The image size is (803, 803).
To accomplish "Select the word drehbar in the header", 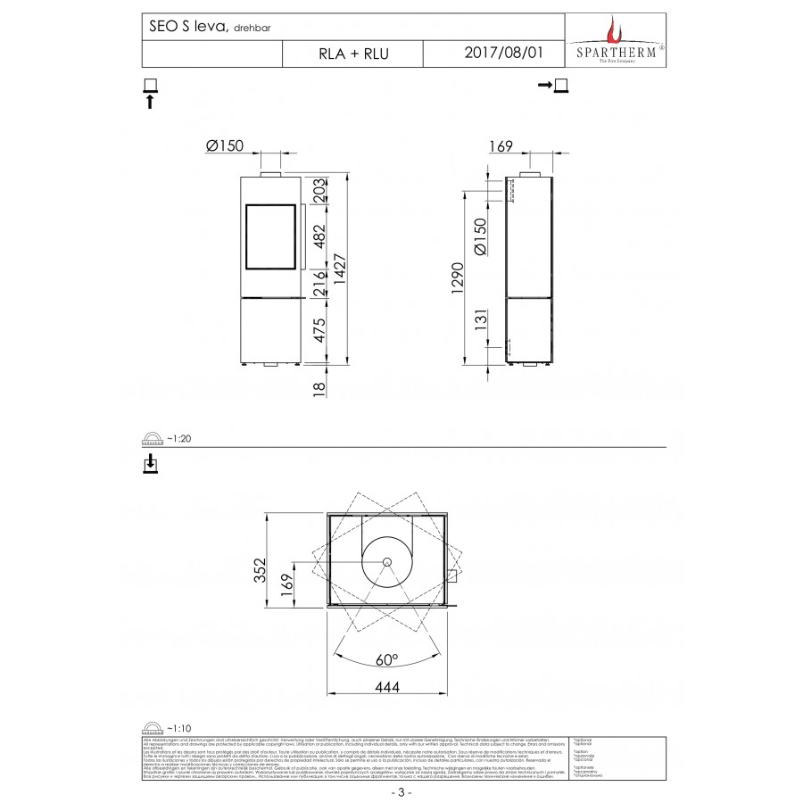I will pyautogui.click(x=253, y=29).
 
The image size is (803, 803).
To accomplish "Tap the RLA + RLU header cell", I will pyautogui.click(x=353, y=54).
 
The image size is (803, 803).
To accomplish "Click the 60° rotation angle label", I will pyautogui.click(x=386, y=660).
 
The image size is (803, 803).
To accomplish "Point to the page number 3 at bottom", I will pyautogui.click(x=401, y=791).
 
